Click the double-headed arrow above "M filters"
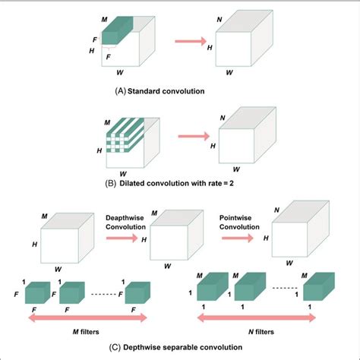click(x=85, y=320)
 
